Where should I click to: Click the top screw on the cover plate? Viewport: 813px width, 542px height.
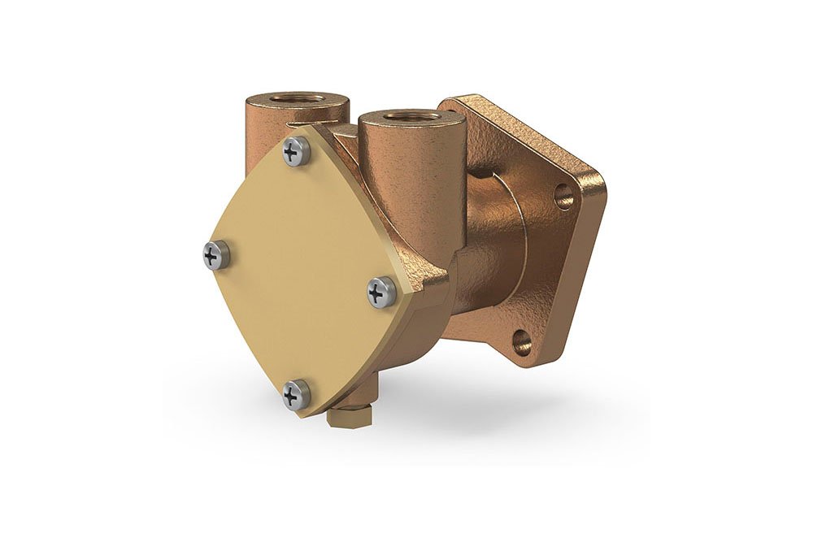coord(296,151)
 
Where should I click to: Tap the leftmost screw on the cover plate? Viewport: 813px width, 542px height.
coord(216,255)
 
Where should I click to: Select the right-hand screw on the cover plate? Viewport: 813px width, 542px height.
coord(382,292)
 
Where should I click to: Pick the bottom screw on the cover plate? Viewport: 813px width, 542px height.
coord(296,395)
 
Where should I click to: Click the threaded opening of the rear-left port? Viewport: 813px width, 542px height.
coord(298,99)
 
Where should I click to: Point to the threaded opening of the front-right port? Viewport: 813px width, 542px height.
coord(412,116)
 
